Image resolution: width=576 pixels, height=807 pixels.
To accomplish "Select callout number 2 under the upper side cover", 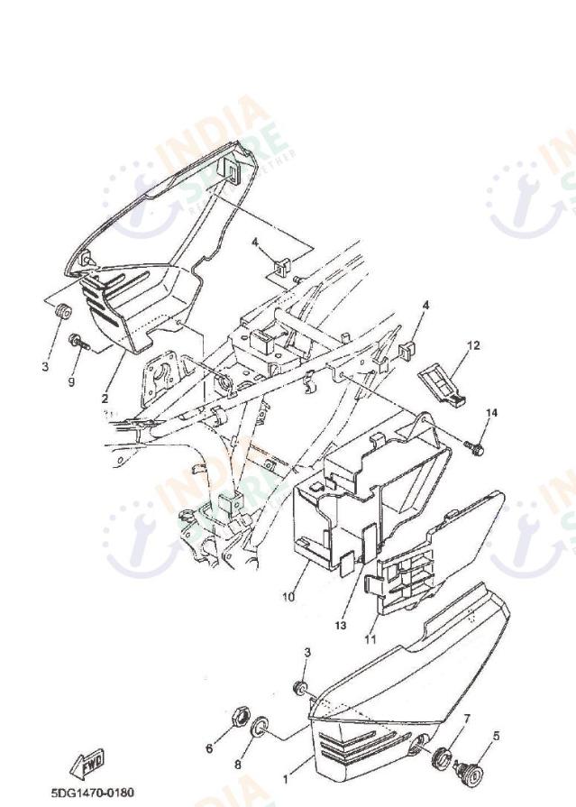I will tap(105, 397).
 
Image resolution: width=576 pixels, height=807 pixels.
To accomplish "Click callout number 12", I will tap(474, 345).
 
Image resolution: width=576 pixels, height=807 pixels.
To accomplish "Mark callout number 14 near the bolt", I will tap(492, 413).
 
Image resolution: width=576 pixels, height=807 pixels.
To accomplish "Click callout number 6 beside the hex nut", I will tap(209, 748).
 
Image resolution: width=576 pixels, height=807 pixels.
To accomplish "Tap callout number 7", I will tap(467, 719).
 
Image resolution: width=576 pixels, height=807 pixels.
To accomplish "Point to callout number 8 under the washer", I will tap(239, 765).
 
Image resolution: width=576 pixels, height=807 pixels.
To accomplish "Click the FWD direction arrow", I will tap(91, 765).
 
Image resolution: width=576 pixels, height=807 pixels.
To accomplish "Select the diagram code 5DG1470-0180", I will tap(93, 792).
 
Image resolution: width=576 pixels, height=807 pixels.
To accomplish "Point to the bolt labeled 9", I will tap(76, 342).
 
